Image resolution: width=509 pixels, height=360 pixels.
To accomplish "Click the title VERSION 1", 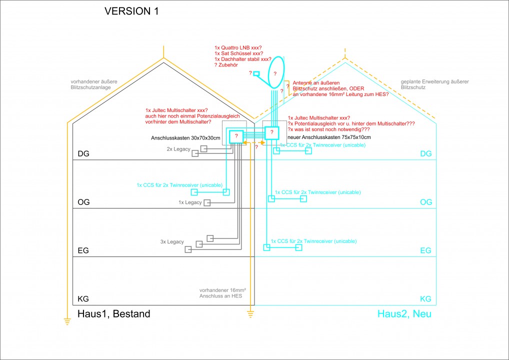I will pos(131,11).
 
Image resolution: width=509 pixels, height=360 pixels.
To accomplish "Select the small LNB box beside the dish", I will pos(256,74).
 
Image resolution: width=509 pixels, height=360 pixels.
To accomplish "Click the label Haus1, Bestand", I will pos(113,314).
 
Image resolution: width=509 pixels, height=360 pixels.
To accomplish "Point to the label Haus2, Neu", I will pos(404,314).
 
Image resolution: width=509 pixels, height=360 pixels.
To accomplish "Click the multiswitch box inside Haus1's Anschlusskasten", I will pos(236,136).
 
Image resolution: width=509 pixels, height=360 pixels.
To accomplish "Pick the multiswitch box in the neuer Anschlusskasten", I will pos(271,132).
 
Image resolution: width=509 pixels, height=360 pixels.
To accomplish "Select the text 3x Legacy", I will pos(172,241).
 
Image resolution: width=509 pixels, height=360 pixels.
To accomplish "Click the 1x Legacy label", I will pos(190,202).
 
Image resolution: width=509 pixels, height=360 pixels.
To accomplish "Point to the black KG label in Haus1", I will pos(83,299).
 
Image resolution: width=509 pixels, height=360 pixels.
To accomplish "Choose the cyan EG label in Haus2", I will pos(425,250).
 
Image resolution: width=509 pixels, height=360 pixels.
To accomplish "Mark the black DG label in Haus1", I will pos(83,154).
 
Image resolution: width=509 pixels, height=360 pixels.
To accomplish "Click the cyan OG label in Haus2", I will pos(425,202).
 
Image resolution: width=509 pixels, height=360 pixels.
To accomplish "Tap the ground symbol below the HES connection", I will pos(250,313).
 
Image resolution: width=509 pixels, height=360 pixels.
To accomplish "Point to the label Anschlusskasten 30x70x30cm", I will pos(185,137).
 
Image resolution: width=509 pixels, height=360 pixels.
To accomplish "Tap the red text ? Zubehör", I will pos(226,65).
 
